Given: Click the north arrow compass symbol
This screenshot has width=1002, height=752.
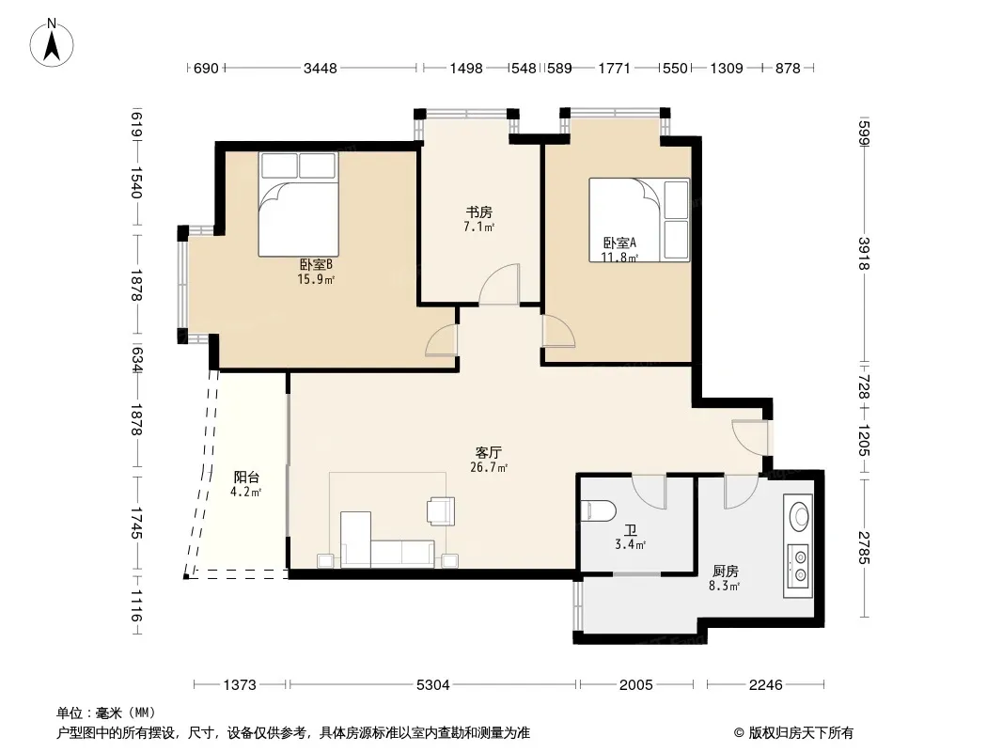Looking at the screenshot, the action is (x=52, y=43).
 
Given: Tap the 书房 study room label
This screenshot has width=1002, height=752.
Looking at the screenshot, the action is (x=478, y=212).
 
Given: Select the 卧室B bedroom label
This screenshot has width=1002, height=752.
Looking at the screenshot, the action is (x=316, y=264).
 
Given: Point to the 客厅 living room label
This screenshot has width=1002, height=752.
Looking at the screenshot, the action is (x=489, y=453).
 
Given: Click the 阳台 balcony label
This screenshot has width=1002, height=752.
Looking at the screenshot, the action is (x=246, y=478).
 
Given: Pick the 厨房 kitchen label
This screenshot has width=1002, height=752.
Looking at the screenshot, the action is (x=726, y=572).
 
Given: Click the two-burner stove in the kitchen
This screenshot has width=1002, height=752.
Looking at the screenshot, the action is (x=798, y=566).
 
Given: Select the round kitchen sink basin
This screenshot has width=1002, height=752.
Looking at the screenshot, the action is (x=799, y=514).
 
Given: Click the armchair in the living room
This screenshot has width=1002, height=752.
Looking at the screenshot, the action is (x=441, y=510).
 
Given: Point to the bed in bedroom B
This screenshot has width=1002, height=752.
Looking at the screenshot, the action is (x=298, y=204).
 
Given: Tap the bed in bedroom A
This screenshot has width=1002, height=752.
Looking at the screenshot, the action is (x=639, y=220).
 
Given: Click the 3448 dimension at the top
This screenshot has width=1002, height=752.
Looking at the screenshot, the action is (x=321, y=68).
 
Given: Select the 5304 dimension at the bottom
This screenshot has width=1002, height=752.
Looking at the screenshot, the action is (x=432, y=685).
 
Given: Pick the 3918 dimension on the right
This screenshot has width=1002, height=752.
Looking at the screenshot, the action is (x=864, y=254).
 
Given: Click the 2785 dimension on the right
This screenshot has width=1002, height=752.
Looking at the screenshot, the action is (x=864, y=548).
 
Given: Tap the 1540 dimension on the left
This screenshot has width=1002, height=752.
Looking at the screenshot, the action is (x=136, y=182).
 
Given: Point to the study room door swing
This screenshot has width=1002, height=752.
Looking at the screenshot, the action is (x=499, y=284).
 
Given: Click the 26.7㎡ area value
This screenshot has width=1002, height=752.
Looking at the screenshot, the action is (x=489, y=468).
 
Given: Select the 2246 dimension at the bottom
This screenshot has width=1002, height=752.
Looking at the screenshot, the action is (x=765, y=685).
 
